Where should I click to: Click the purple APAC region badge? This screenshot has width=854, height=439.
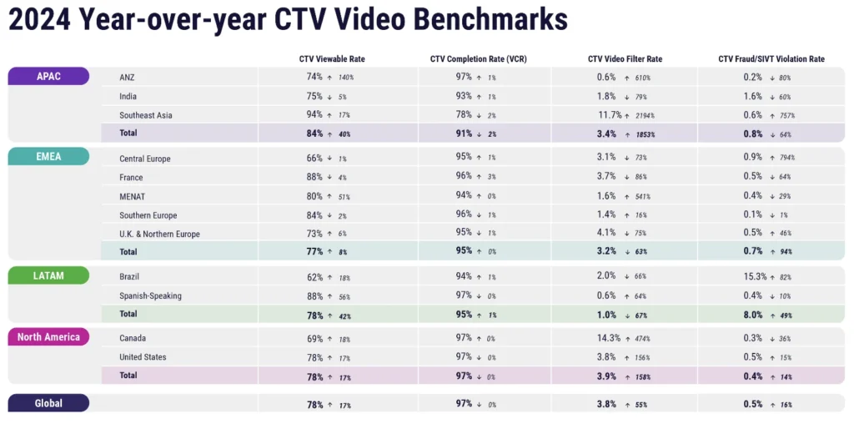click(48, 76)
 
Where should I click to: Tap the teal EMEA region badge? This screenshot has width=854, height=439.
click(48, 156)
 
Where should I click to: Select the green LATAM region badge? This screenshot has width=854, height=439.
click(48, 275)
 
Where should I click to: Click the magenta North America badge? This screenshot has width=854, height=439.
click(48, 337)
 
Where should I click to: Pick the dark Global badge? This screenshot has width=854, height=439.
click(48, 403)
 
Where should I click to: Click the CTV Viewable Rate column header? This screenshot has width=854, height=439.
click(332, 59)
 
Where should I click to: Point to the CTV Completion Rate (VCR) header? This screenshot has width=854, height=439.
click(478, 59)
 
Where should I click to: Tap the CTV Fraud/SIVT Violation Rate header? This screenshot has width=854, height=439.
click(771, 59)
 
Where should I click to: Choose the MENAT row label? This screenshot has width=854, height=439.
click(132, 197)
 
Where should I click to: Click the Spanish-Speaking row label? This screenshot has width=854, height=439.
click(150, 295)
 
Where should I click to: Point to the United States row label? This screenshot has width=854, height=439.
click(143, 357)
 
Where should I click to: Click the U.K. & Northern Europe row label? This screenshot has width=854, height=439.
click(160, 234)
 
